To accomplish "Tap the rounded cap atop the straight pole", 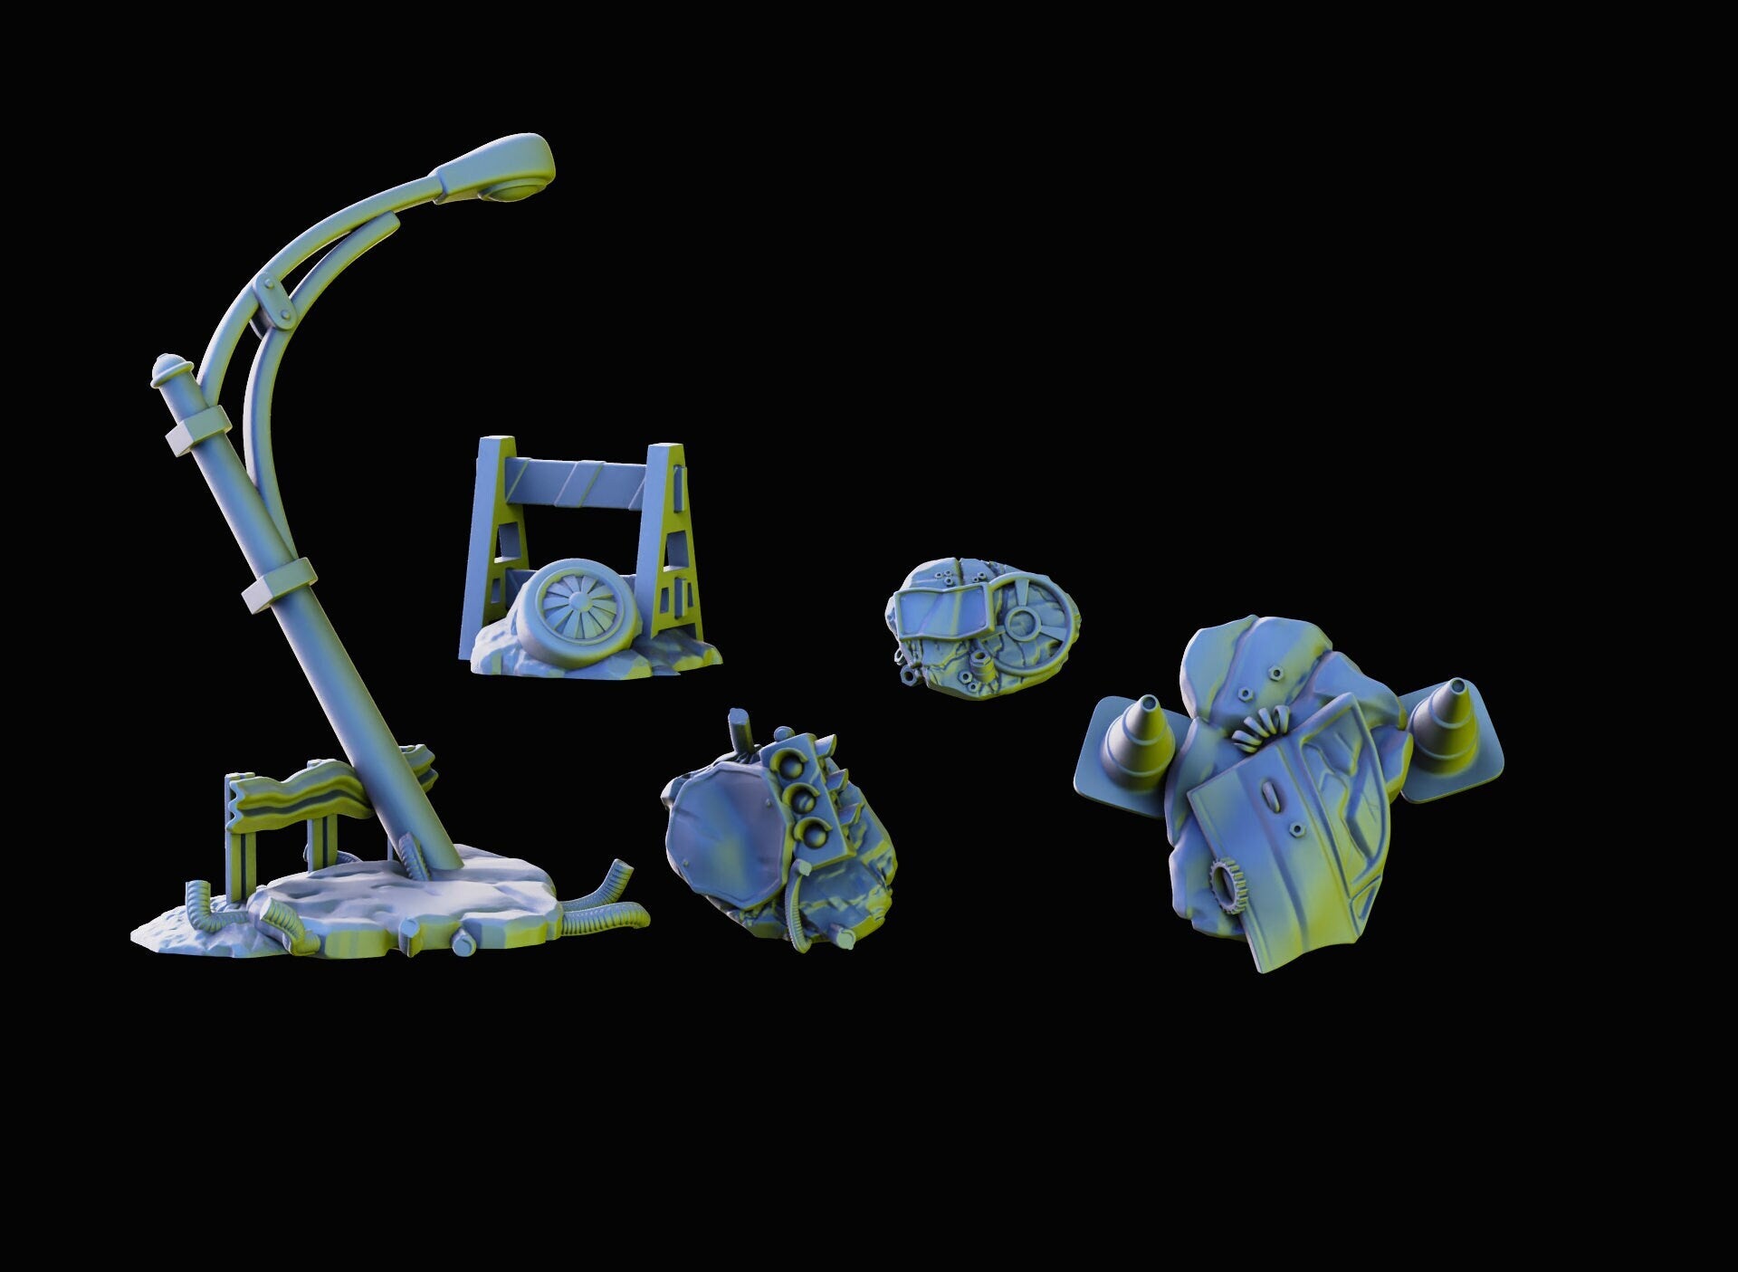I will click(x=171, y=368).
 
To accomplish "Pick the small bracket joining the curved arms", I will click(x=273, y=298).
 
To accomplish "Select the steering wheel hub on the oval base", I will click(x=1025, y=622).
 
